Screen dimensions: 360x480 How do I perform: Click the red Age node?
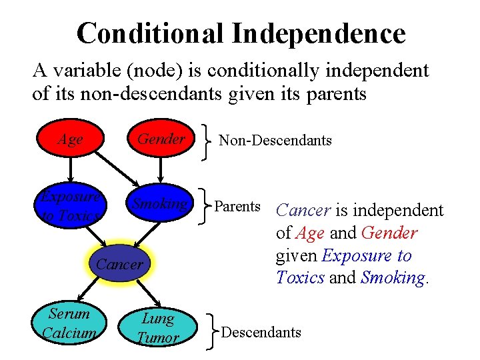pyautogui.click(x=70, y=139)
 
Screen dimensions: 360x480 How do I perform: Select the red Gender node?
pyautogui.click(x=161, y=139)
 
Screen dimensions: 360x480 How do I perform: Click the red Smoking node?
pyautogui.click(x=161, y=203)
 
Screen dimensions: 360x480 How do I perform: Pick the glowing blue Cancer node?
pyautogui.click(x=119, y=265)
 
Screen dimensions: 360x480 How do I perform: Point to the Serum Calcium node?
pyautogui.click(x=70, y=323)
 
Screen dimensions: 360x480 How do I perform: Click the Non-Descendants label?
pyautogui.click(x=275, y=140)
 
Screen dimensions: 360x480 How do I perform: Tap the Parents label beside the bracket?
pyautogui.click(x=237, y=206)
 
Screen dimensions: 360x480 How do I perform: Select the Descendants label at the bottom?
pyautogui.click(x=261, y=332)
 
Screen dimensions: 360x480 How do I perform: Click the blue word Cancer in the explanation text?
pyautogui.click(x=303, y=211)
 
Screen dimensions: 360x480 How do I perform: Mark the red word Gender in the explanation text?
pyautogui.click(x=389, y=233)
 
